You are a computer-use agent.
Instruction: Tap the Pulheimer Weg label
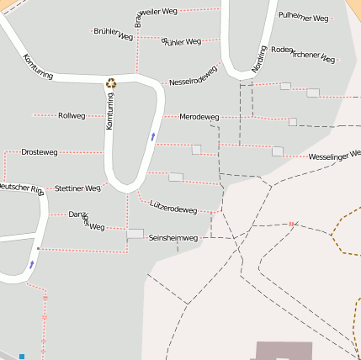pyautogui.click(x=304, y=16)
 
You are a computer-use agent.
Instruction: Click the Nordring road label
pyautogui.click(x=260, y=59)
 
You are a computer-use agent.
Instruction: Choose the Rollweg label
pyautogui.click(x=72, y=115)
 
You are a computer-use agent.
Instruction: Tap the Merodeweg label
pyautogui.click(x=199, y=116)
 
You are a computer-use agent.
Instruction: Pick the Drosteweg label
pyautogui.click(x=40, y=152)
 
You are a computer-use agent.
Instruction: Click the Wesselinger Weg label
pyautogui.click(x=334, y=156)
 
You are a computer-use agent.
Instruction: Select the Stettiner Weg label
pyautogui.click(x=77, y=188)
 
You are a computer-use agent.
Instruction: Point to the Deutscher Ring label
pyautogui.click(x=19, y=188)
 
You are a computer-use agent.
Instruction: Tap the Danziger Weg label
pyautogui.click(x=87, y=220)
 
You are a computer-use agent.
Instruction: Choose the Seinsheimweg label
pyautogui.click(x=173, y=238)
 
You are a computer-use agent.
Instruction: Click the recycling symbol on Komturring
pyautogui.click(x=111, y=82)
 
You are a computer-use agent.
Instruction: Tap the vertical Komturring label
pyautogui.click(x=109, y=111)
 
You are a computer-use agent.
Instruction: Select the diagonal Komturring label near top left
pyautogui.click(x=39, y=67)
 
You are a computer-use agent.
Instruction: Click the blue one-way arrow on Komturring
pyautogui.click(x=153, y=135)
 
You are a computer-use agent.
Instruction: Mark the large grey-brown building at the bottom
pyautogui.click(x=284, y=350)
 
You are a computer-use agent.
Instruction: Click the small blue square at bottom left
pyautogui.click(x=22, y=356)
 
